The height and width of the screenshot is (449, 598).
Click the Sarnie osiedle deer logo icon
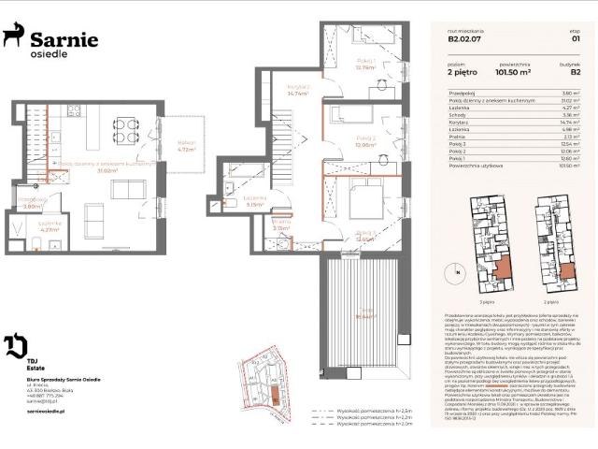12,37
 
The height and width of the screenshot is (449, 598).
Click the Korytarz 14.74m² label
297,91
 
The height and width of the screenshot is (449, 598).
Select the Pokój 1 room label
364,65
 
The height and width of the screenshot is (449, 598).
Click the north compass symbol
458,272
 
